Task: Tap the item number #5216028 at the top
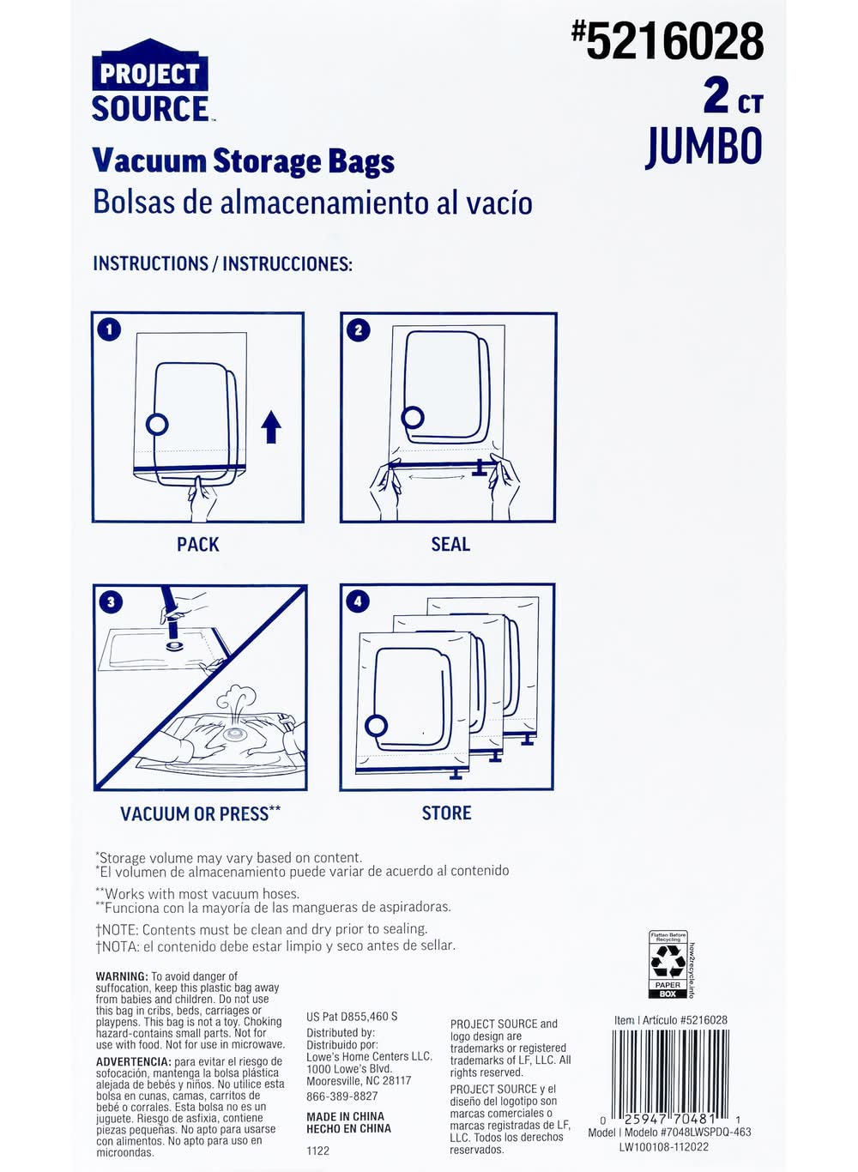(x=667, y=42)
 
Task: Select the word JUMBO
(x=704, y=147)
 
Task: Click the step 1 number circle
(x=109, y=330)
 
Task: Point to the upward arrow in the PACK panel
(x=271, y=427)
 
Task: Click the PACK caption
(x=197, y=545)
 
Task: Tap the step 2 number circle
(x=359, y=330)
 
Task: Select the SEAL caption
(x=450, y=545)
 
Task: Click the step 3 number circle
(x=111, y=602)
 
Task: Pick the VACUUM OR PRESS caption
(x=201, y=813)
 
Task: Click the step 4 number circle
(x=358, y=601)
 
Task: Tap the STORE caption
(x=446, y=813)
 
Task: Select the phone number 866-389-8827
(x=341, y=1092)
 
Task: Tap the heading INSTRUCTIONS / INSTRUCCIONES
(x=222, y=263)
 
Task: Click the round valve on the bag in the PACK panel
(x=156, y=425)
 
